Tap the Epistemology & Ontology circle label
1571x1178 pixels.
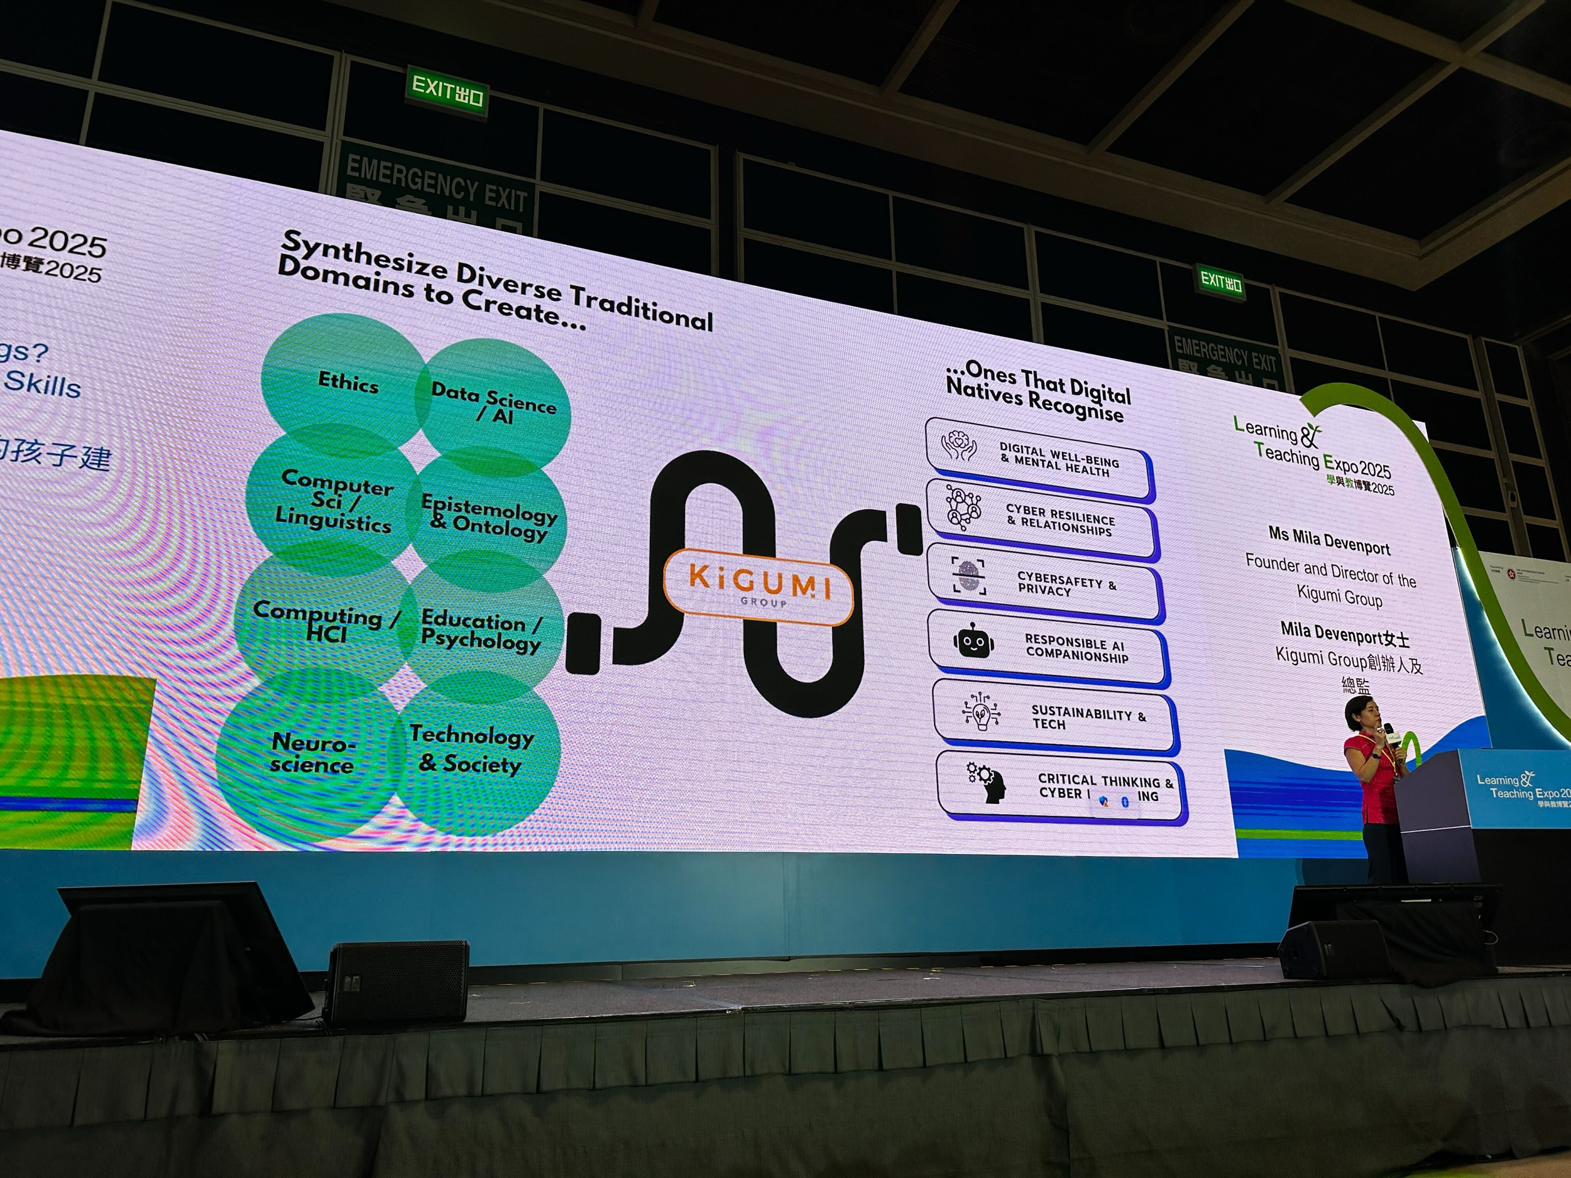point(489,516)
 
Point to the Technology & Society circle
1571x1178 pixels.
point(473,750)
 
